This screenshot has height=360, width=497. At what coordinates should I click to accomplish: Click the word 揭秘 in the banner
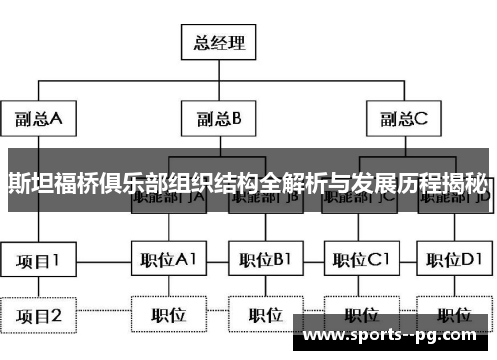[466, 181]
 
